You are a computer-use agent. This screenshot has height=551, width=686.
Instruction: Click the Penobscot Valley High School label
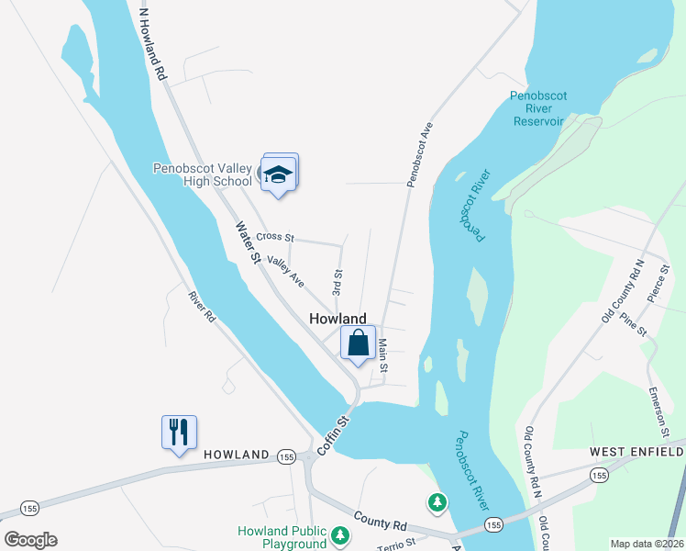pyautogui.click(x=202, y=174)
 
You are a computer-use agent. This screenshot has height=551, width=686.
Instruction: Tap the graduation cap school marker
pyautogui.click(x=279, y=174)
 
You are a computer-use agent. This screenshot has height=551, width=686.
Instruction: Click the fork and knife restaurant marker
pyautogui.click(x=180, y=432)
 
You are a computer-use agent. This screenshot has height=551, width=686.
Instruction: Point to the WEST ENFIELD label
pyautogui.click(x=636, y=453)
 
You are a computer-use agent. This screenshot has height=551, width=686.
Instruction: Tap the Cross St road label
pyautogui.click(x=274, y=237)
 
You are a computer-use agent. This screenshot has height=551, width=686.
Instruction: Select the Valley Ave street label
pyautogui.click(x=286, y=272)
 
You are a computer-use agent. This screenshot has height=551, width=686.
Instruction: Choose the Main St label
pyautogui.click(x=383, y=355)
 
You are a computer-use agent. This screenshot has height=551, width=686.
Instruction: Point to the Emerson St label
pyautogui.click(x=659, y=412)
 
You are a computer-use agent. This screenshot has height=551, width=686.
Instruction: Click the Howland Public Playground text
pyautogui.click(x=282, y=537)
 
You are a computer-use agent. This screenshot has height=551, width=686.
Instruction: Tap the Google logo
pyautogui.click(x=30, y=539)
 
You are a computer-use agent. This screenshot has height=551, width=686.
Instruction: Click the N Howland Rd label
pyautogui.click(x=152, y=44)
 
